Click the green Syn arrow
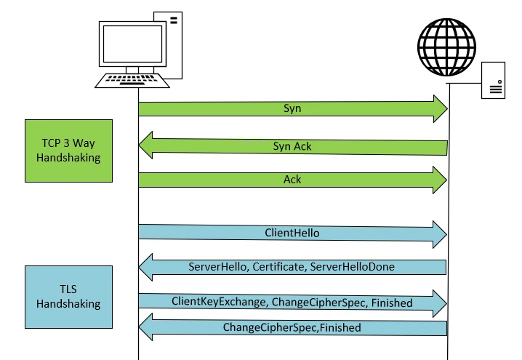pyautogui.click(x=291, y=108)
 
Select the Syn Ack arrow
pyautogui.click(x=291, y=146)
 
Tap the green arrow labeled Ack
pyautogui.click(x=291, y=180)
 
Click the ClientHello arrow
pyautogui.click(x=291, y=233)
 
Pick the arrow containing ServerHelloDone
pyautogui.click(x=291, y=267)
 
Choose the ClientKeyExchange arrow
pyautogui.click(x=291, y=302)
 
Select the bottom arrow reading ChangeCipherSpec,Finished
pyautogui.click(x=291, y=328)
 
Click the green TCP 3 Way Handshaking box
pyautogui.click(x=69, y=151)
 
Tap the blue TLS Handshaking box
pyautogui.click(x=69, y=297)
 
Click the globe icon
pyautogui.click(x=448, y=44)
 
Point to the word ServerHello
pyautogui.click(x=217, y=267)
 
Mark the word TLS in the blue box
pyautogui.click(x=69, y=289)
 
